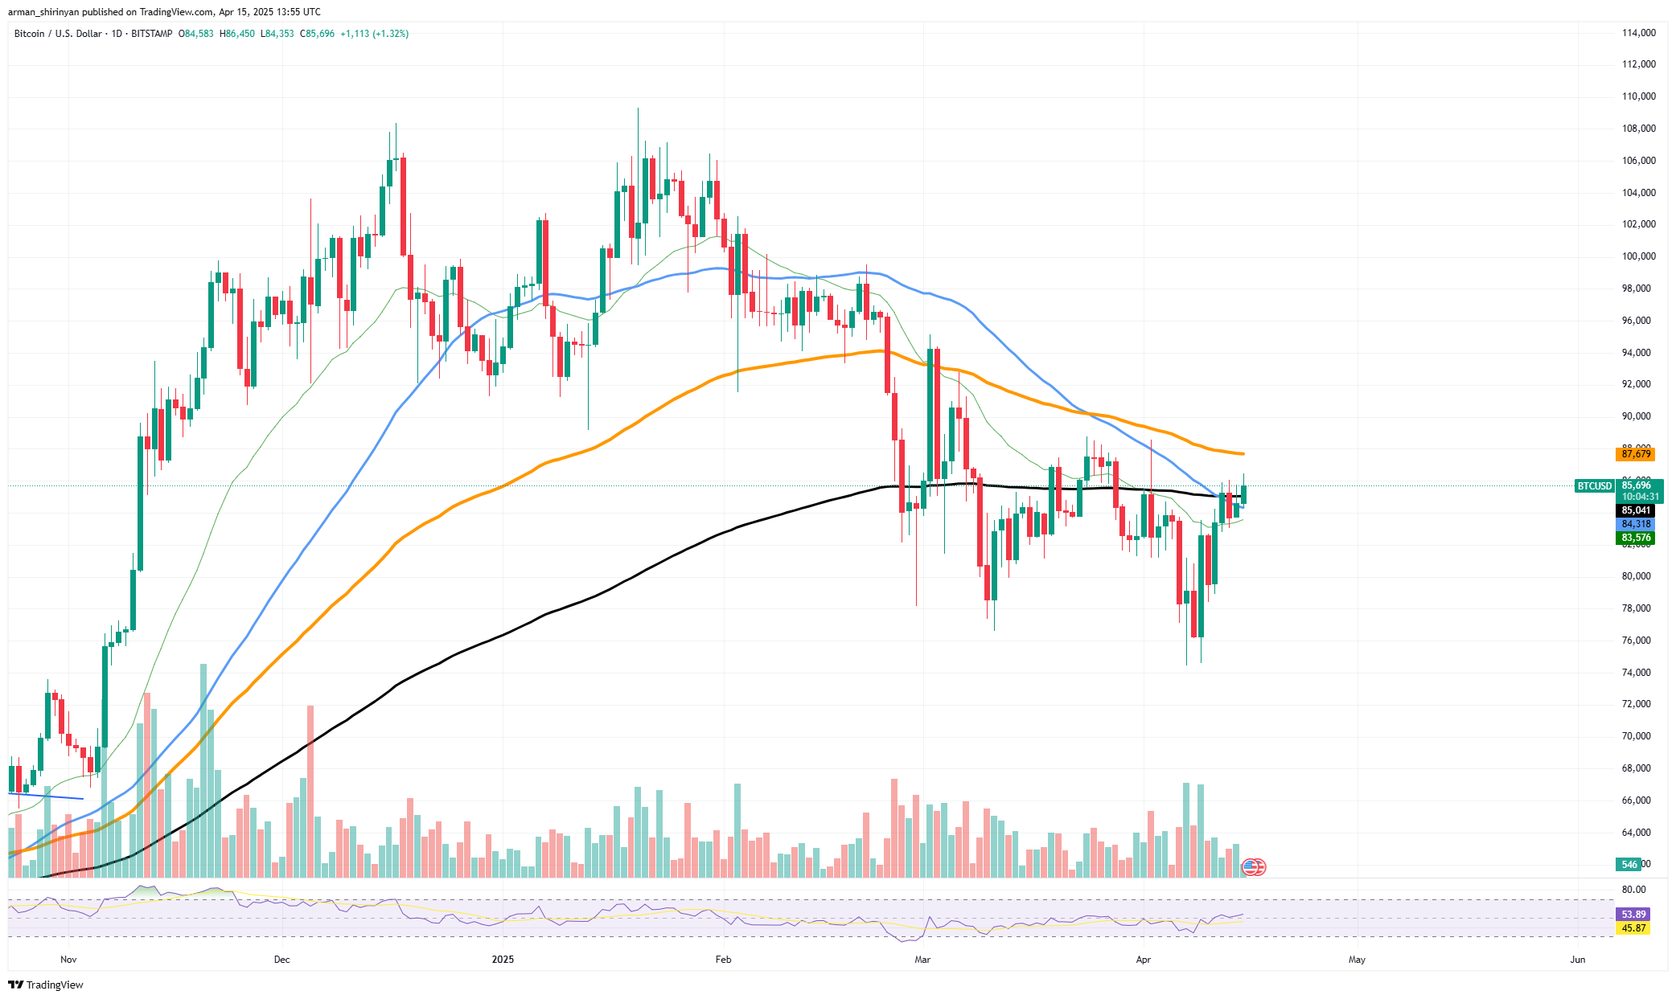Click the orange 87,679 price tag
pos(1636,454)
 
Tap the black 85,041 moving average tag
pos(1636,510)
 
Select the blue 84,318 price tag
pos(1636,524)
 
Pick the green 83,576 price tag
pos(1636,538)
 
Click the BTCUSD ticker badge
pos(1594,486)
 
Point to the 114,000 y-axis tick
pos(1638,33)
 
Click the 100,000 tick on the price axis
pos(1638,256)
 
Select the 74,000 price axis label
pos(1638,673)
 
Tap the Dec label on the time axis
pos(281,959)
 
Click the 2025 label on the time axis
pos(503,959)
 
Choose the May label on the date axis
pos(1357,959)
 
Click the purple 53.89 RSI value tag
pos(1633,915)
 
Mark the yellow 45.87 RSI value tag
pos(1633,928)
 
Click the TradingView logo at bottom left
pos(46,985)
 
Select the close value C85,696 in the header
pos(317,34)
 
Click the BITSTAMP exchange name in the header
pos(151,34)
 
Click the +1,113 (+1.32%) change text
pos(374,34)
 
